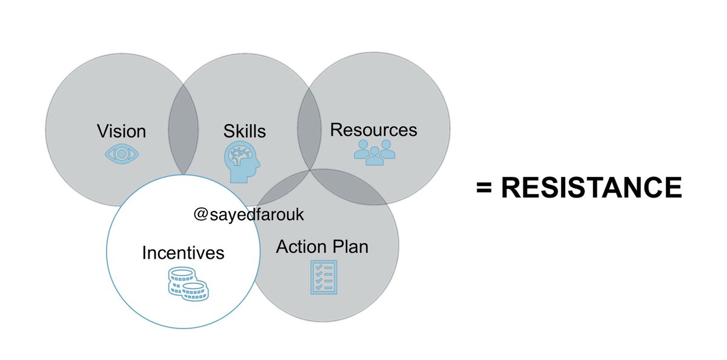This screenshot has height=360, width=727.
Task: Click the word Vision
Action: pos(122,131)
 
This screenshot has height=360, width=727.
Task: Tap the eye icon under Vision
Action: pos(122,154)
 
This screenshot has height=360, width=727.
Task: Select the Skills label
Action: pos(245,131)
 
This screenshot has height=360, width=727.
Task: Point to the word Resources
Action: pos(374,130)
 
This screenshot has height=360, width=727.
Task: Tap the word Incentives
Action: pos(183,252)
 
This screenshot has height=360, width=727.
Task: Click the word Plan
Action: pos(353,247)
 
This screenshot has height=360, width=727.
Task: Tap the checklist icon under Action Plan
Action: pos(323,277)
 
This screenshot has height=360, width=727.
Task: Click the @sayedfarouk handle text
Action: pos(248,216)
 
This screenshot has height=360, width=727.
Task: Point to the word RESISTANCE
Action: pos(592,188)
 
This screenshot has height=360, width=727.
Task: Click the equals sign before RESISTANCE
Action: pos(483,189)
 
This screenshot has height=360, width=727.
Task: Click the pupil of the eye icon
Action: pos(122,154)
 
